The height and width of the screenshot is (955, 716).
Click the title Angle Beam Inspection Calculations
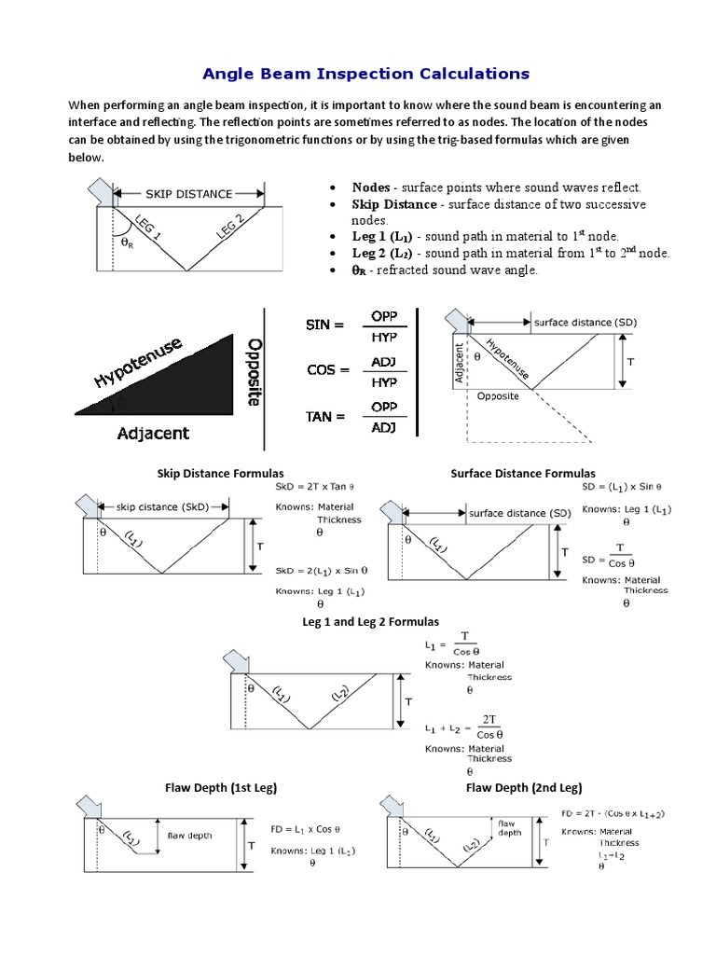tap(365, 73)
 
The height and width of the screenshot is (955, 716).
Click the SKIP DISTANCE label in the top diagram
tap(189, 194)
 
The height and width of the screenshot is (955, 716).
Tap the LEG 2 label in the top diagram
tap(230, 226)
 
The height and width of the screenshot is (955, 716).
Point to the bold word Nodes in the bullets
tap(370, 187)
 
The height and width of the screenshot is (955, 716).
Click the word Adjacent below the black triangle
tap(153, 433)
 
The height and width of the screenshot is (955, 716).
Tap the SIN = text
tap(325, 325)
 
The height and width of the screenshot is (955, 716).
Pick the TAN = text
tap(325, 416)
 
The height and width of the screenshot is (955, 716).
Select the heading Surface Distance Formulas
tap(522, 474)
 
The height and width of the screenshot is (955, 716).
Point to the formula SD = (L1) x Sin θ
tap(621, 487)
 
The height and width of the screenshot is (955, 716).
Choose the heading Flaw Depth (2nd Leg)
tap(523, 788)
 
